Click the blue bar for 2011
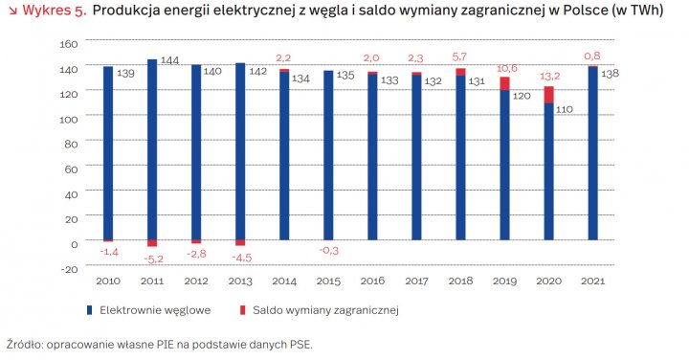pyautogui.click(x=152, y=148)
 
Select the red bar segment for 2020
pyautogui.click(x=548, y=95)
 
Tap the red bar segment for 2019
pyautogui.click(x=504, y=83)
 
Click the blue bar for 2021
pyautogui.click(x=592, y=153)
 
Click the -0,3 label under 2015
pyautogui.click(x=329, y=251)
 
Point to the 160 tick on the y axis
pyautogui.click(x=67, y=44)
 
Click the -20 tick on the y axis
pyautogui.click(x=68, y=268)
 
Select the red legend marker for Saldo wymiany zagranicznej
pyautogui.click(x=244, y=310)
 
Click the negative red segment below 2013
pyautogui.click(x=240, y=243)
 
